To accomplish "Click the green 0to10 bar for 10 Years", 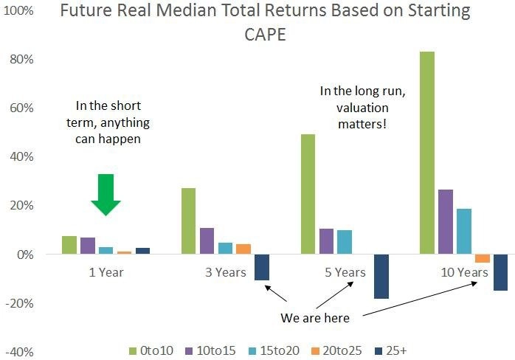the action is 427,153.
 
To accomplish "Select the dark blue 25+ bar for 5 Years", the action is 381,276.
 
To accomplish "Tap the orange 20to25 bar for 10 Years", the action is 482,258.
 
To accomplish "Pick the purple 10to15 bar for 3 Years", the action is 207,240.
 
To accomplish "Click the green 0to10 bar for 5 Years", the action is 308,194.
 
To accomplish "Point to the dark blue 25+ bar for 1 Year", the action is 142,251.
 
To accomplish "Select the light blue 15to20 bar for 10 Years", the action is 464,231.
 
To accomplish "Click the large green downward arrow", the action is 106,195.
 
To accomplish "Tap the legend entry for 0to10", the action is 151,351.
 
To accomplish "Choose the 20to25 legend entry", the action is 336,351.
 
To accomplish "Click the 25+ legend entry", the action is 391,351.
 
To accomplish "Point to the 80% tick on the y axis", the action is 21,60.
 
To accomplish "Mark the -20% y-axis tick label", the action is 20,303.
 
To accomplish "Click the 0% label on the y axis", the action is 25,255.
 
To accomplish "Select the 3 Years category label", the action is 226,272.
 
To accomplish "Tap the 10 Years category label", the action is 464,272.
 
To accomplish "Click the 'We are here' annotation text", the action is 315,318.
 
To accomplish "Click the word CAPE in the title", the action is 266,35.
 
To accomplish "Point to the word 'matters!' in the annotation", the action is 362,124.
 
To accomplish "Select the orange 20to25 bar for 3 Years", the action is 243,249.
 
